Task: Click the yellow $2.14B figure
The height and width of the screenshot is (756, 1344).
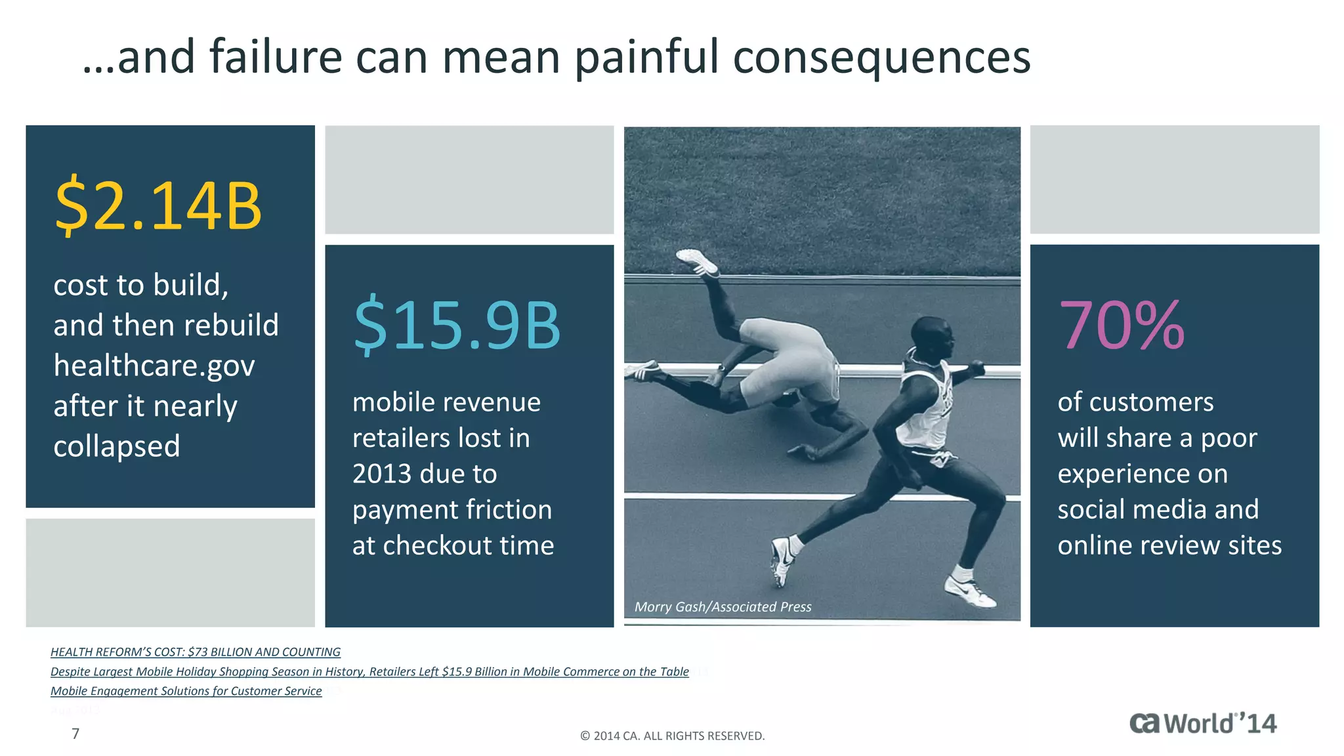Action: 158,206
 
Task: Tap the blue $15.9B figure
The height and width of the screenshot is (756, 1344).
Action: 457,325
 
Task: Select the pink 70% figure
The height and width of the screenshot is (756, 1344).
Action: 1122,325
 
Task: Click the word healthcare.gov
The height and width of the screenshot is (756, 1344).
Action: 154,366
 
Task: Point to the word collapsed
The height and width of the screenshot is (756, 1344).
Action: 117,446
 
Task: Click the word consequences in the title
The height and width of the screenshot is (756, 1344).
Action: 881,57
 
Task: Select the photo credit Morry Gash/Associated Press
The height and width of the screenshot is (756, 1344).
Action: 723,607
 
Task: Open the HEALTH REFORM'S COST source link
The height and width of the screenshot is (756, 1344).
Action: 196,652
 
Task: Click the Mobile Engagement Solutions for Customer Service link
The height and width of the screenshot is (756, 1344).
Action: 186,691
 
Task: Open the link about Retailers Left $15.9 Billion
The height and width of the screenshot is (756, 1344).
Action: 369,671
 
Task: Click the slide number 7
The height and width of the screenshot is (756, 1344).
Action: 75,734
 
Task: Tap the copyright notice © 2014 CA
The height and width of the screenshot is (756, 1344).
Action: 672,736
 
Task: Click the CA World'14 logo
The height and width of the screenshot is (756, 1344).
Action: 1203,723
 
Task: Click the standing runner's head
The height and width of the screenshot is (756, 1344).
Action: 932,337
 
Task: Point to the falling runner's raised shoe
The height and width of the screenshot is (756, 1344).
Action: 698,262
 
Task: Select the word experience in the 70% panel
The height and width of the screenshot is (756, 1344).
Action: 1143,474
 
